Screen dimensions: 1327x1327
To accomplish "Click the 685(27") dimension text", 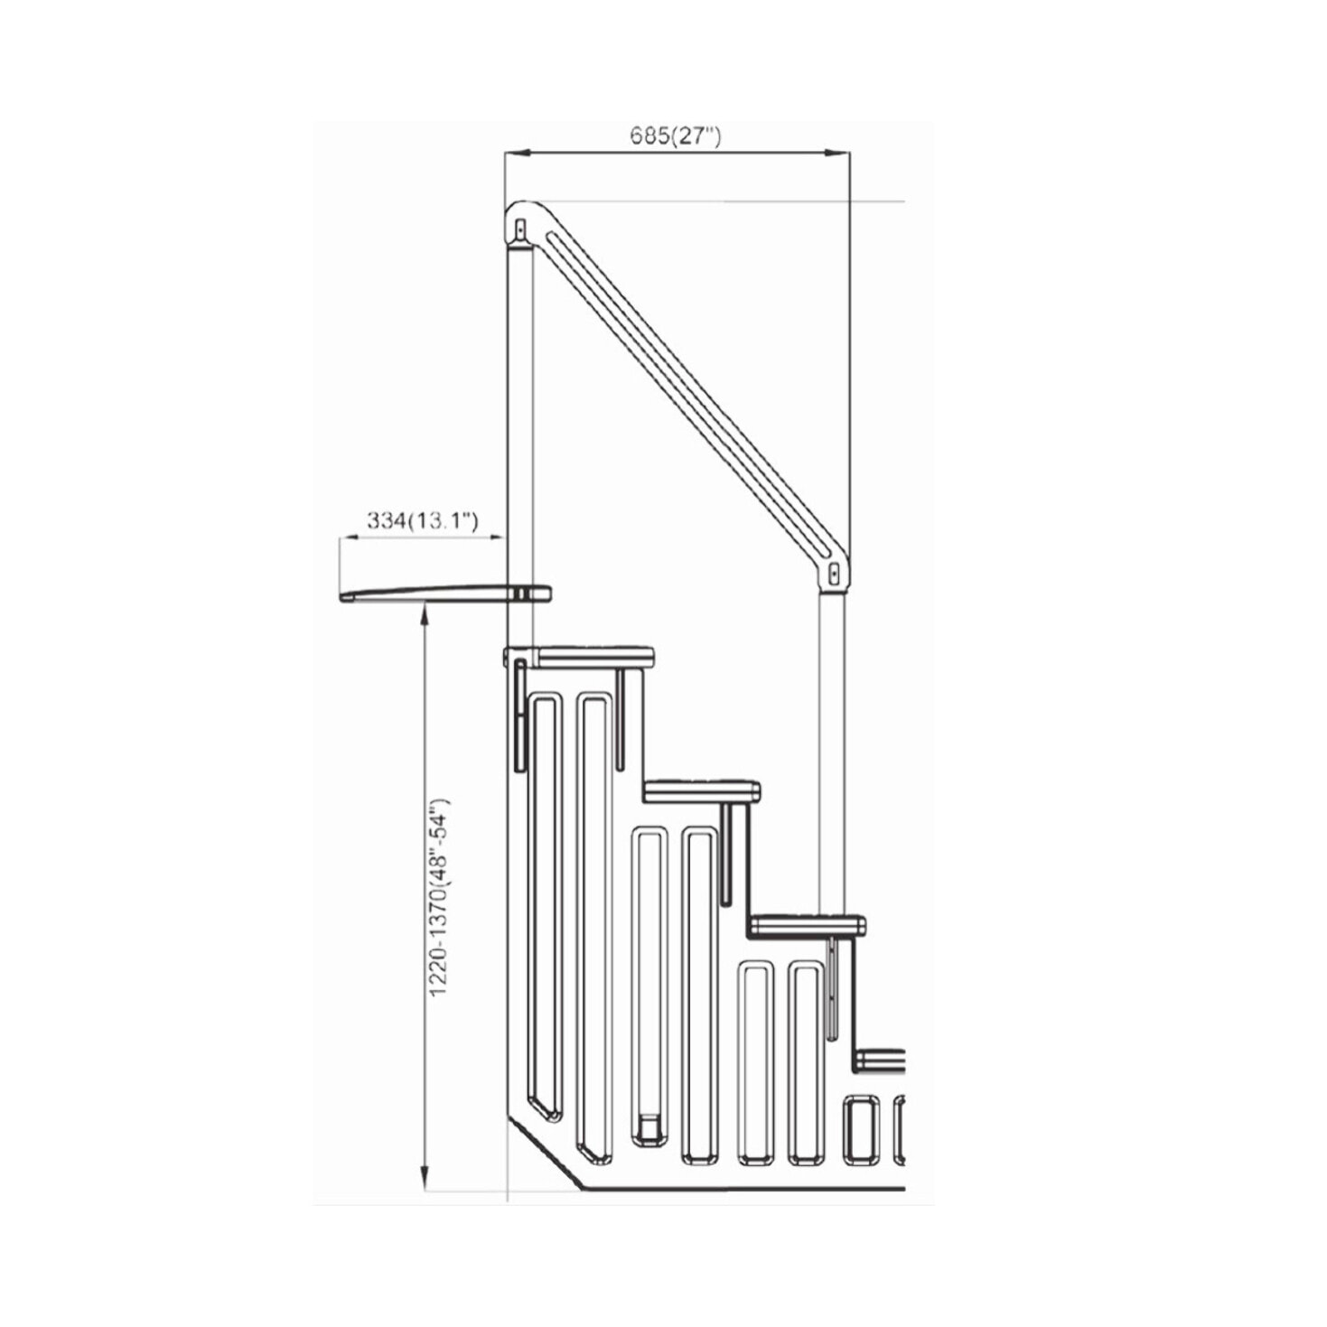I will tap(676, 136).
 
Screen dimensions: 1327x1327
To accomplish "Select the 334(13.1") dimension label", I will tap(422, 521).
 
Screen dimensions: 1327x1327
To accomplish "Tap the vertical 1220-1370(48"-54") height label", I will tap(439, 898).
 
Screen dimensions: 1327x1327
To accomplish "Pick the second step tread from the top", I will tap(702, 791).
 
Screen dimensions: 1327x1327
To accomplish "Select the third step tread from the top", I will tap(808, 926).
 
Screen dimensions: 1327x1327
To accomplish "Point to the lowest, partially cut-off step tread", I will tap(881, 1059).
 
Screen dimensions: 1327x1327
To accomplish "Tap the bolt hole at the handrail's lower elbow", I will tap(834, 573).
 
